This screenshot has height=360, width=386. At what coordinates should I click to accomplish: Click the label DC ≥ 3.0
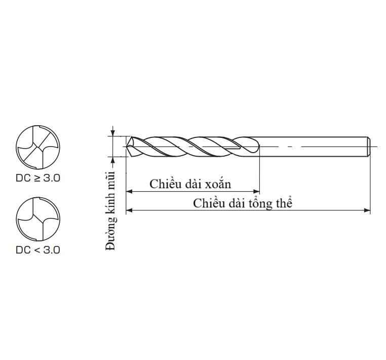click(38, 179)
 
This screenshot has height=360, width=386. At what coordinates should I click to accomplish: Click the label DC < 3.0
click(38, 249)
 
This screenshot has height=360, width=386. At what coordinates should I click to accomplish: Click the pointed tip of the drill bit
click(128, 147)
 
